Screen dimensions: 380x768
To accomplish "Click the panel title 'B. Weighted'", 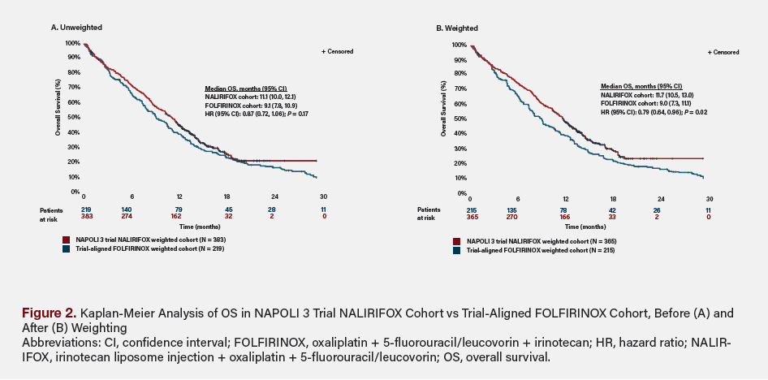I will tap(457, 28).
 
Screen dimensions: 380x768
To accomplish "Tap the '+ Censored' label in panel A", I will tap(337, 51).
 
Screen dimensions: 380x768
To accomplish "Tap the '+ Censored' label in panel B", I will tap(723, 52).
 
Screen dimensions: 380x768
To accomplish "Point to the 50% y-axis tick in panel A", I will tap(74, 117).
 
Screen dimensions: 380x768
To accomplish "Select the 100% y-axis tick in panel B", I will tap(459, 45).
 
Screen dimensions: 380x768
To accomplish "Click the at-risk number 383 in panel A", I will tap(84, 217).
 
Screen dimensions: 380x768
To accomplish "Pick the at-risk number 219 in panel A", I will tap(84, 209).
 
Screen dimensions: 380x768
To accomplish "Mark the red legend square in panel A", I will tap(67, 240).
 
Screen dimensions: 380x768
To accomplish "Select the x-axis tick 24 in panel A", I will tap(275, 196).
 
